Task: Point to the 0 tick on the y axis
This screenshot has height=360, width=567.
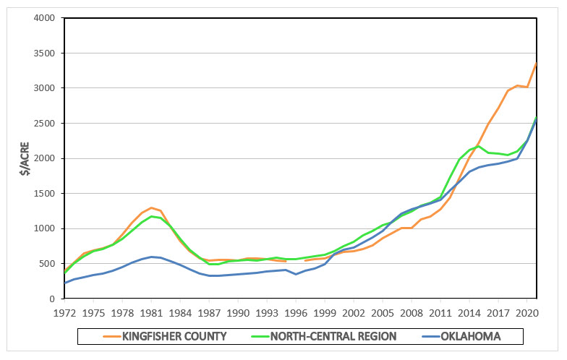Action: tap(52, 299)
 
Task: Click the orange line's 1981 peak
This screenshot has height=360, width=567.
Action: tap(151, 207)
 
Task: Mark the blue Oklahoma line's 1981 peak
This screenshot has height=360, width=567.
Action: tap(151, 257)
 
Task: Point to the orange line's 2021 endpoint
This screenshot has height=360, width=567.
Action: tap(536, 63)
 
